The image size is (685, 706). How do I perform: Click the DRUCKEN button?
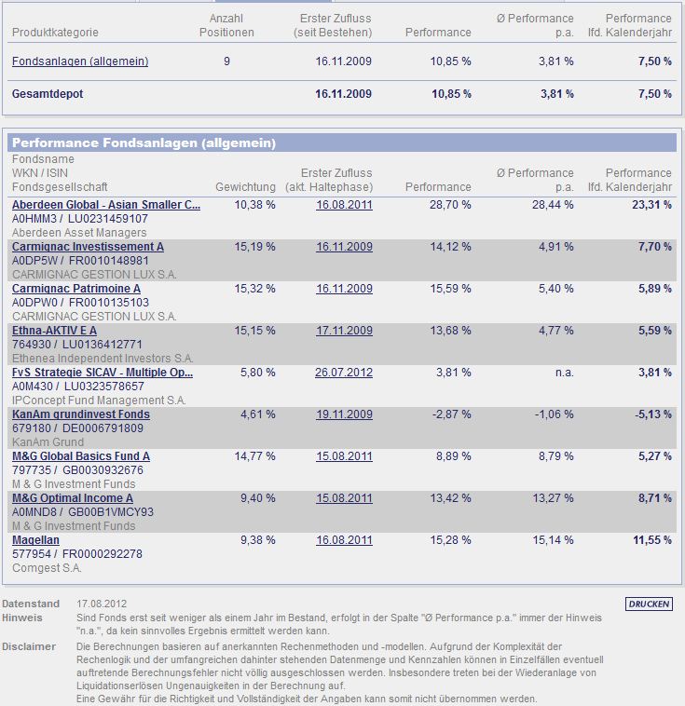pyautogui.click(x=649, y=604)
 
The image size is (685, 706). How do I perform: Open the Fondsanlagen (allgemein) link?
pyautogui.click(x=80, y=61)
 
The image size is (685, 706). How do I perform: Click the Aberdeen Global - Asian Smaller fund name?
pyautogui.click(x=105, y=205)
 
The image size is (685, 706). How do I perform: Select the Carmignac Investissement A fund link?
pyautogui.click(x=88, y=247)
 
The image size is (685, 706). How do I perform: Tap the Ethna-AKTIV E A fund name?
pyautogui.click(x=54, y=331)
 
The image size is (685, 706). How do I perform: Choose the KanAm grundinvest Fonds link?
pyautogui.click(x=80, y=414)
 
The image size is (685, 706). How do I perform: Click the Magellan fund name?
pyautogui.click(x=35, y=540)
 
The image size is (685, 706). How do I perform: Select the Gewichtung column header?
pyautogui.click(x=245, y=187)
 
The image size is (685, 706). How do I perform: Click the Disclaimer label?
pyautogui.click(x=29, y=646)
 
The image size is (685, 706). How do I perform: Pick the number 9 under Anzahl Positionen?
pyautogui.click(x=227, y=61)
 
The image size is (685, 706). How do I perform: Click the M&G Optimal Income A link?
pyautogui.click(x=72, y=498)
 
